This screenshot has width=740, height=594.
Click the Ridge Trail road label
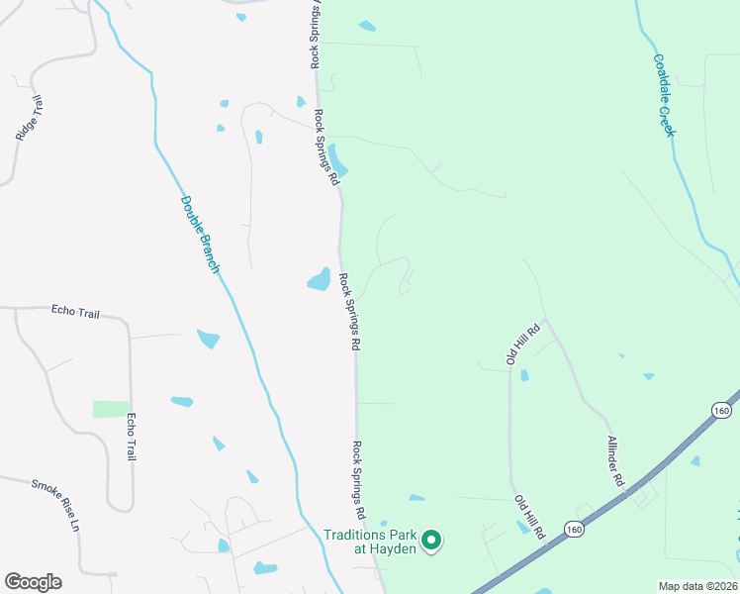[x=31, y=117]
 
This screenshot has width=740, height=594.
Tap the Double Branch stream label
[x=200, y=234]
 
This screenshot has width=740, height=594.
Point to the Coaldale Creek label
[x=663, y=95]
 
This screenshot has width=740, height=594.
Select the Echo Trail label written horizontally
[x=75, y=313]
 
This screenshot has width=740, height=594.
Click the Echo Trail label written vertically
[x=130, y=437]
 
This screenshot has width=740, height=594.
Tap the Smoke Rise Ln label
[x=54, y=505]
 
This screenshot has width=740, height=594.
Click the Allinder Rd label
[x=615, y=460]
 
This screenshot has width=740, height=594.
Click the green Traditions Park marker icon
[x=430, y=541]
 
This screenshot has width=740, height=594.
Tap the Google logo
[x=33, y=582]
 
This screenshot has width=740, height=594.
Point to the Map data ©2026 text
[x=698, y=586]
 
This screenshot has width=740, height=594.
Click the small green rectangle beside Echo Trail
[x=111, y=409]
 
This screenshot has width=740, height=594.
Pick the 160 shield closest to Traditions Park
[x=575, y=531]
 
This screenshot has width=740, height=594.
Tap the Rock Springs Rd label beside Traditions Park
[x=359, y=482]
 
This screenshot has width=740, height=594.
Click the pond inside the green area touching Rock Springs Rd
[x=337, y=158]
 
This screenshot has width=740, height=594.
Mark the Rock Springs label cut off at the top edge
[x=315, y=34]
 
